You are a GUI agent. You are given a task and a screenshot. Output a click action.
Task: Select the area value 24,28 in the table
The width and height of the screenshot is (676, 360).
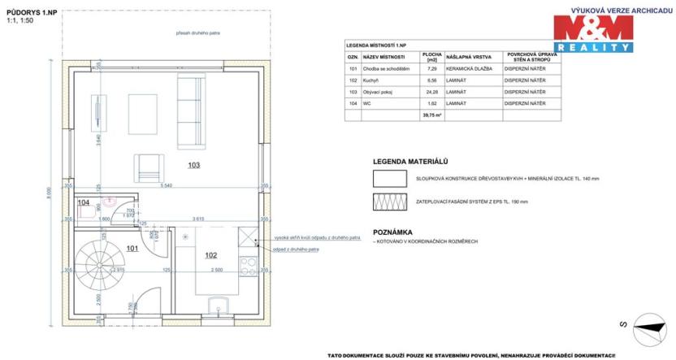pos(431,92)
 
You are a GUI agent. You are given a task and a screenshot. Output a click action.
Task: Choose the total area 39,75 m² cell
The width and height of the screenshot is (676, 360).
pos(431,115)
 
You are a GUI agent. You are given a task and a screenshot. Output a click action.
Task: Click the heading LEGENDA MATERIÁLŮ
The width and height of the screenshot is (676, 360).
pos(410,161)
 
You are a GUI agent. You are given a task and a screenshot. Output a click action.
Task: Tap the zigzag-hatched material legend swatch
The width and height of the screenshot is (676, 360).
pos(390,202)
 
